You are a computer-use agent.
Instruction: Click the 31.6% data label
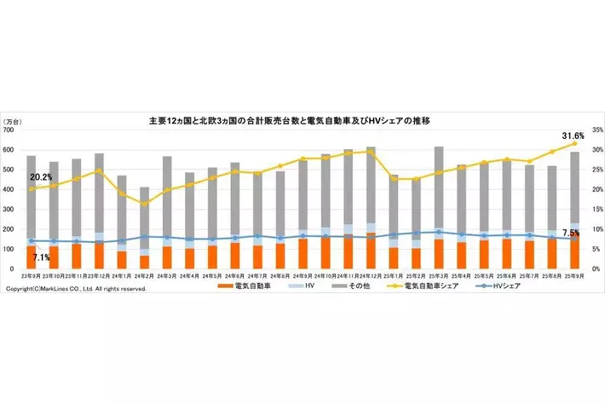pos(573,136)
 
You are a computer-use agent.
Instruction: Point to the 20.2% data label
pos(40,177)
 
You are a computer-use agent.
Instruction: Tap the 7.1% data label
pos(41,257)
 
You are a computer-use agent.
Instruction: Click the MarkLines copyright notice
pos(76,290)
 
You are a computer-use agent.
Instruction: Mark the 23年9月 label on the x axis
pos(31,277)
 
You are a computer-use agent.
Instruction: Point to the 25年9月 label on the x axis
pos(573,277)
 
